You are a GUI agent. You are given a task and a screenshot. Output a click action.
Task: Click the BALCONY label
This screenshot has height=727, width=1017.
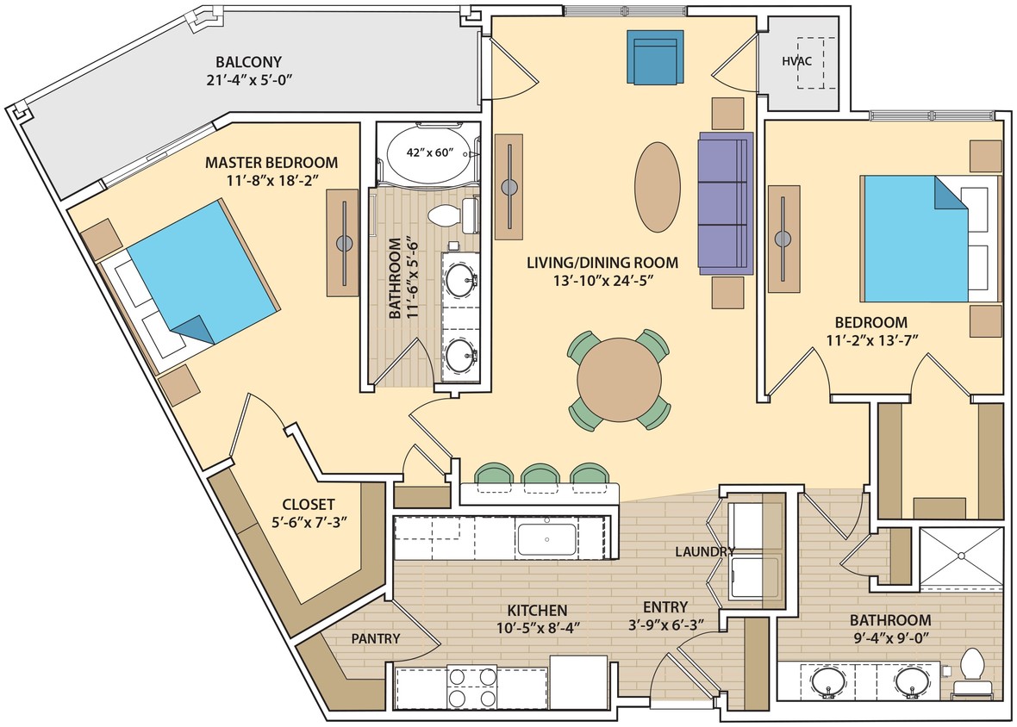pos(248,62)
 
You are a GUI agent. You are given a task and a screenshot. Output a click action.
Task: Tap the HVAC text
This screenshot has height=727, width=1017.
pos(796,61)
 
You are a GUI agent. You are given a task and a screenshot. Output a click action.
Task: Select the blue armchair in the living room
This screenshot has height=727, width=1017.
pos(652,57)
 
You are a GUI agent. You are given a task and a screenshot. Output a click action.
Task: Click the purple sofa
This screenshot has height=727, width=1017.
pos(725,202)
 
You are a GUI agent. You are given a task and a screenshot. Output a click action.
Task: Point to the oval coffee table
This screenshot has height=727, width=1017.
pos(658,186)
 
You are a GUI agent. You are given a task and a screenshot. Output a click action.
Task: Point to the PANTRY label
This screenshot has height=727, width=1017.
pos(375,638)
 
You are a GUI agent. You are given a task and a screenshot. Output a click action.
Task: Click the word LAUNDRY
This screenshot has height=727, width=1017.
pos(705,551)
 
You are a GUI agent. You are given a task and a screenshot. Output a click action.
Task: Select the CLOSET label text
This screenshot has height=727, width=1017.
pos(309,504)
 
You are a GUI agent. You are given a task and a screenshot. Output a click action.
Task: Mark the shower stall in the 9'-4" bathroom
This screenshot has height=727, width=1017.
pos(961,556)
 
